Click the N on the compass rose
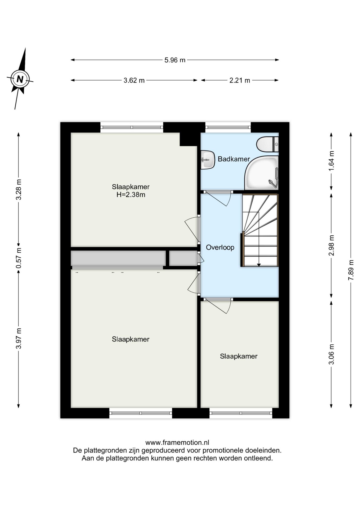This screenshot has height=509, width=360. [x=20, y=79]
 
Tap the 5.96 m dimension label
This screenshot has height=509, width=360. [x=175, y=60]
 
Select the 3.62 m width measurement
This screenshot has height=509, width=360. [x=134, y=80]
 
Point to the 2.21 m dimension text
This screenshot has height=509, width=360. [x=240, y=80]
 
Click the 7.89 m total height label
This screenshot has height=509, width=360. [x=351, y=270]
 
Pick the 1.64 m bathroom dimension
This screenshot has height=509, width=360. [x=331, y=161]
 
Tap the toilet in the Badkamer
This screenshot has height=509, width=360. [x=267, y=144]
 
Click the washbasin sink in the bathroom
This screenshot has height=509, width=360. [x=207, y=160]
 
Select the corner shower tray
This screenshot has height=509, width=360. [x=262, y=173]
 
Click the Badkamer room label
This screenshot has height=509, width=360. [x=234, y=159]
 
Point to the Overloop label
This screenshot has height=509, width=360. [x=220, y=248]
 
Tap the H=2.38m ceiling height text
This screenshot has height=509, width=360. [x=131, y=195]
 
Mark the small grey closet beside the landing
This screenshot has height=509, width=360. [x=183, y=258]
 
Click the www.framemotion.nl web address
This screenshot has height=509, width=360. [x=177, y=442]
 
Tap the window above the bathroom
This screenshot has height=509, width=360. [x=228, y=127]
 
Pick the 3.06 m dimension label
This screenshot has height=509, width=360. [x=331, y=354]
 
